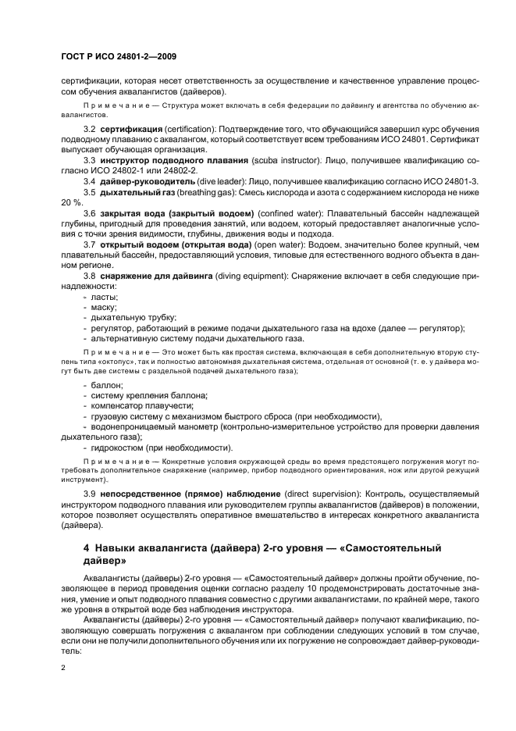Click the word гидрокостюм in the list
pos(119,448)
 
